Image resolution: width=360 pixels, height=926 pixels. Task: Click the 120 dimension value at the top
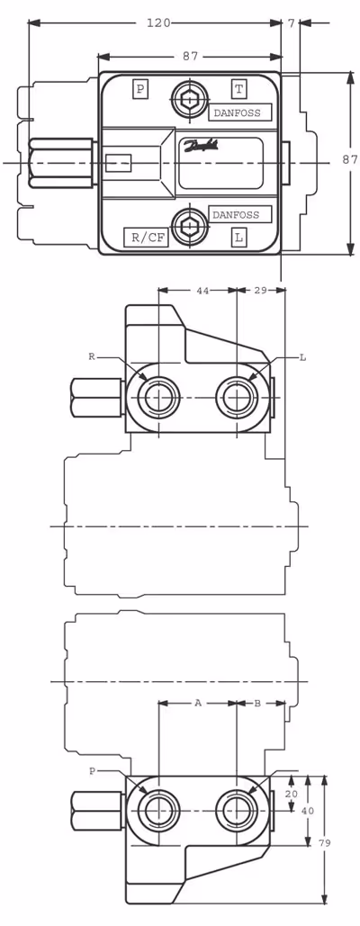[x=158, y=23]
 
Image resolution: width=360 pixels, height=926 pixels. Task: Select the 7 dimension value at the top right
[x=291, y=23]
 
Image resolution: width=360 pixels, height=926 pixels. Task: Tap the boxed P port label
[x=140, y=89]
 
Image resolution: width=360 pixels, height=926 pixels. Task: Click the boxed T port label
[x=238, y=89]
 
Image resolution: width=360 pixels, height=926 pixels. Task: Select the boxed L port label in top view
[x=238, y=238]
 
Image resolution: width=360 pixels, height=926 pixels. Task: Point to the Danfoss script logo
[x=202, y=145]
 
